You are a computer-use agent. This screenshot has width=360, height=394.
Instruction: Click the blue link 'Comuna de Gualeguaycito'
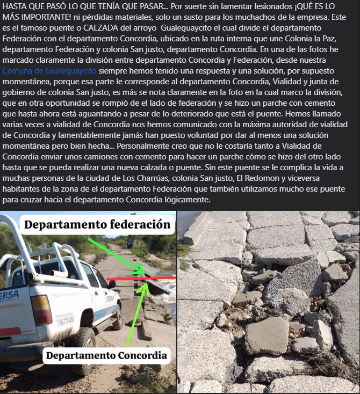click(49, 70)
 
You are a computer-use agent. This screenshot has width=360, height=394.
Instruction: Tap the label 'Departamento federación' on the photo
click(97, 224)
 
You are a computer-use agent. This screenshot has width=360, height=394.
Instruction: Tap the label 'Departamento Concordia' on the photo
click(106, 355)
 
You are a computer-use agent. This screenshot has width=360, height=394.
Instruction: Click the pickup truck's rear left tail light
click(41, 310)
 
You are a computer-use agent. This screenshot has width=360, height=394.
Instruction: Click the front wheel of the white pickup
click(117, 317)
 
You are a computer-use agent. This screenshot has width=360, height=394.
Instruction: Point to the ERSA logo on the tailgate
click(9, 296)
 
